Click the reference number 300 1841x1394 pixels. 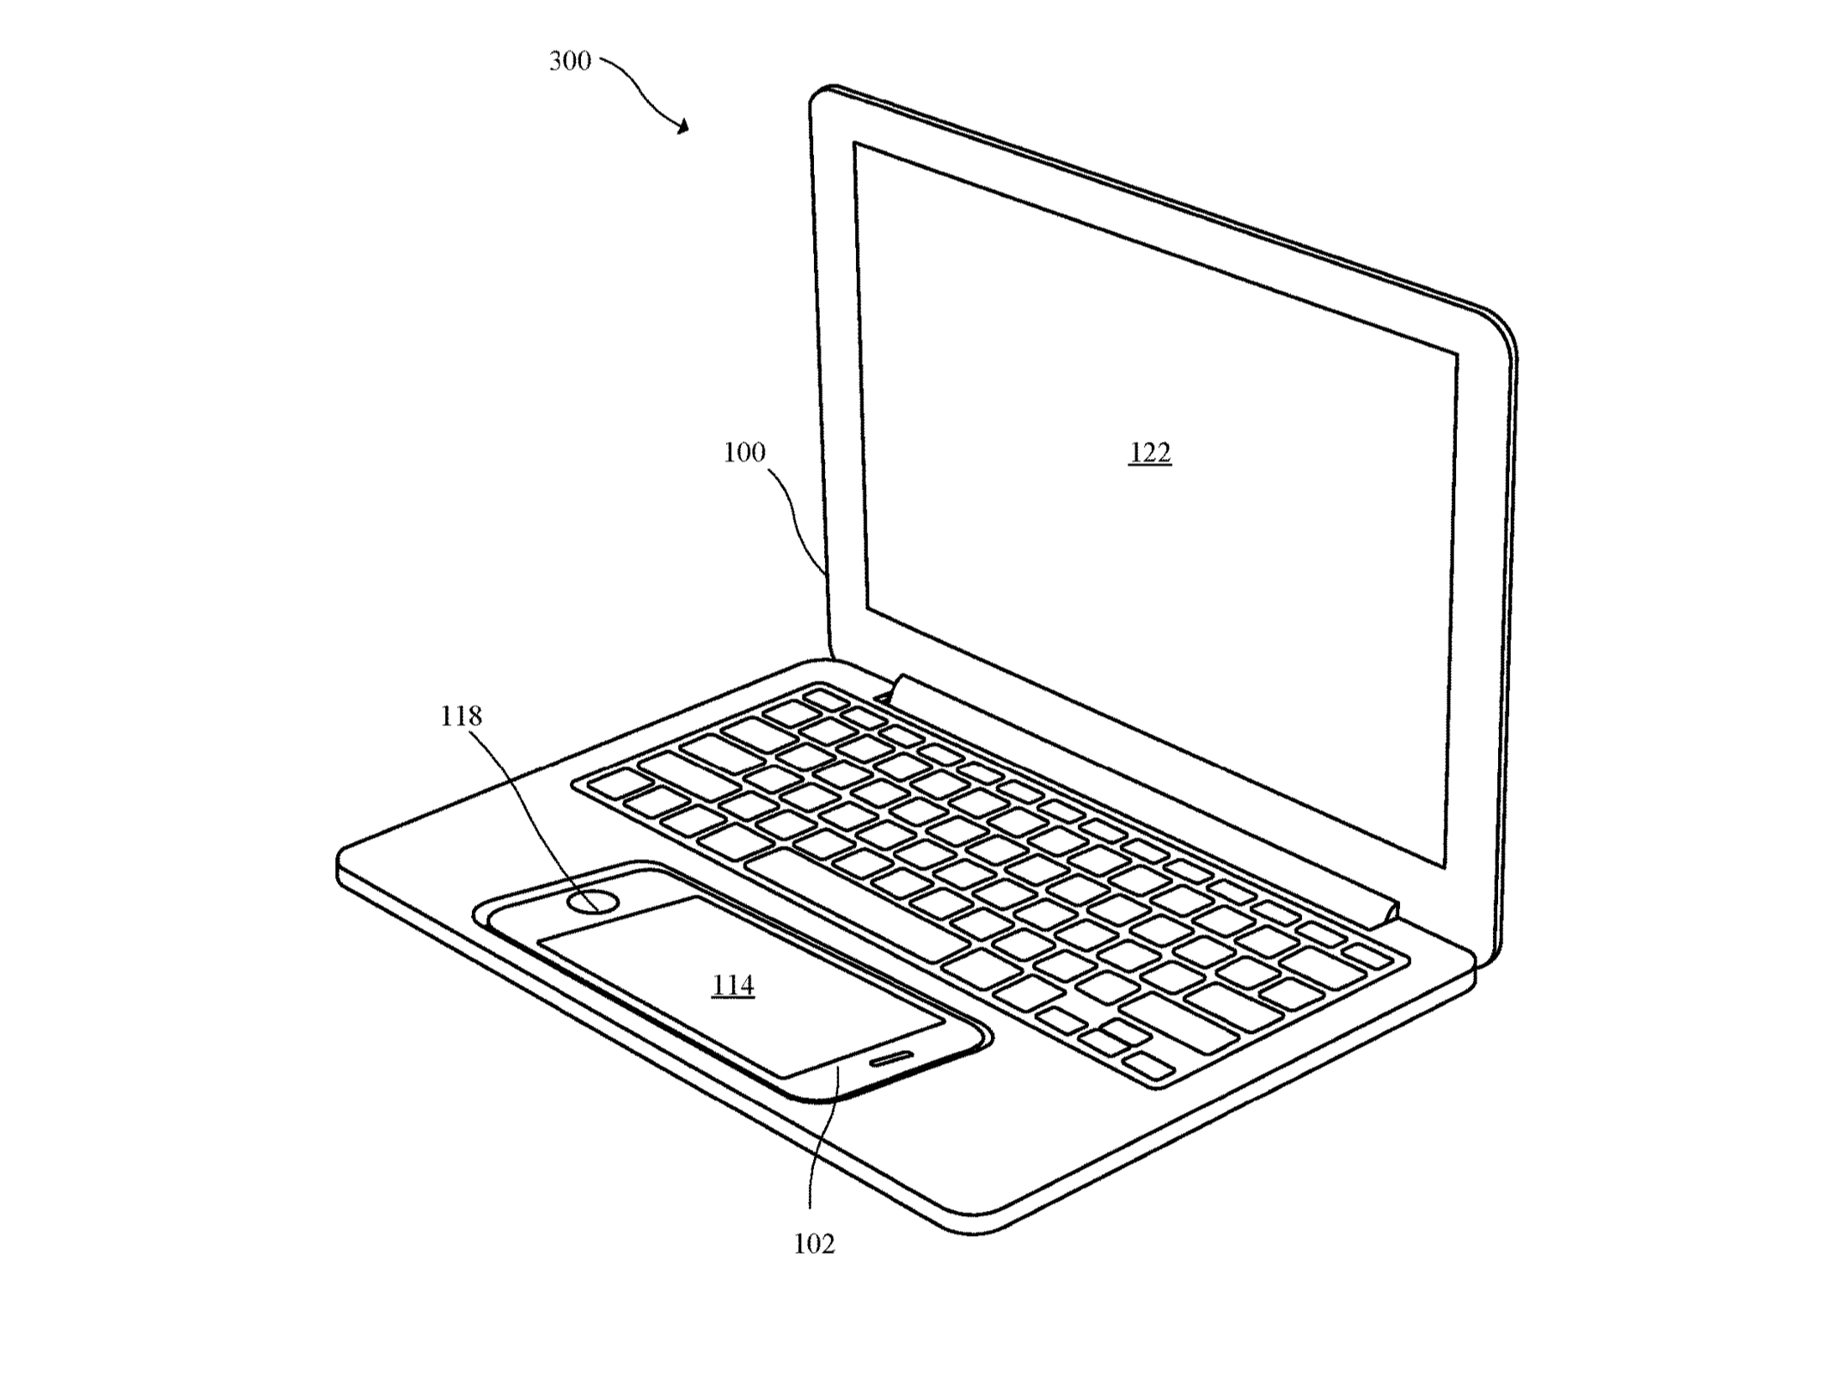tap(570, 61)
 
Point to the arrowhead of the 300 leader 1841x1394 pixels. tap(683, 128)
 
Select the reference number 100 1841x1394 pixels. tap(744, 452)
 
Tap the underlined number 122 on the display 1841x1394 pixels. tap(1150, 453)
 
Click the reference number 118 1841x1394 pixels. tap(462, 716)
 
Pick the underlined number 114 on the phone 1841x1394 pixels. tap(733, 986)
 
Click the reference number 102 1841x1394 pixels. tap(815, 1244)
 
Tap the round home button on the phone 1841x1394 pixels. tap(593, 902)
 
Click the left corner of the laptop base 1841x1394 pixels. tap(340, 859)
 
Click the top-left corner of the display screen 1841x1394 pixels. tap(854, 143)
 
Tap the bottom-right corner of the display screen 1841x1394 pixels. tap(1445, 868)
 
